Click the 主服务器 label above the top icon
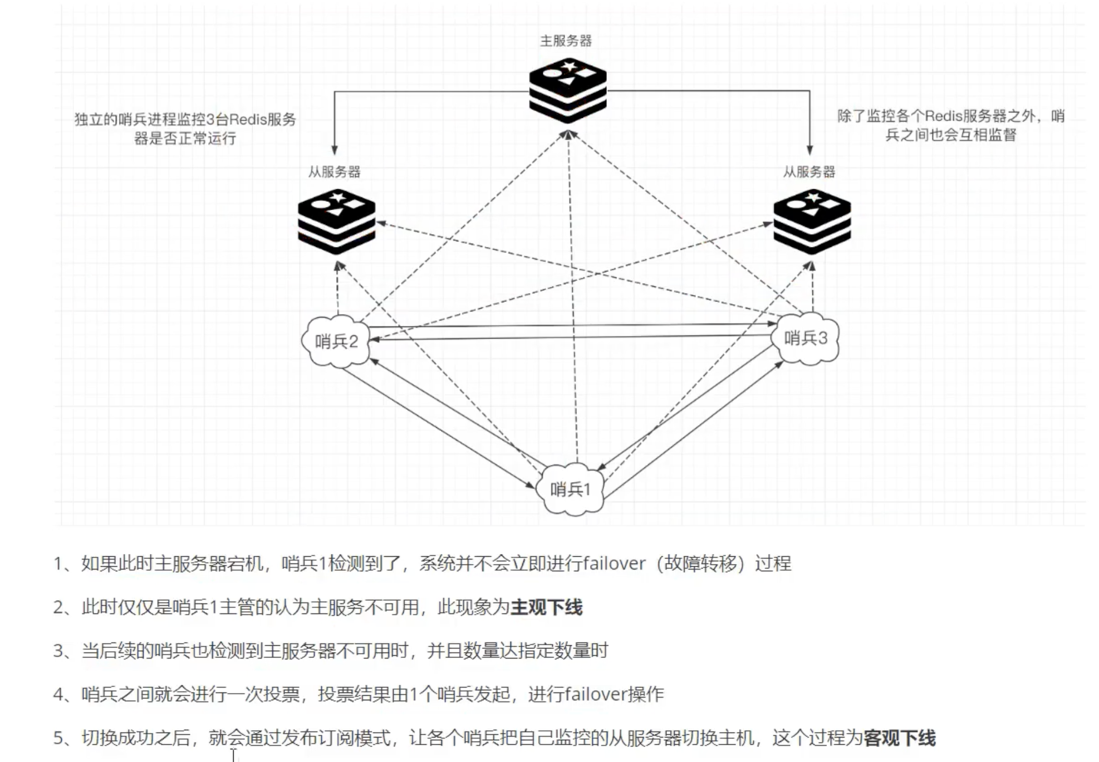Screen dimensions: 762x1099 566,41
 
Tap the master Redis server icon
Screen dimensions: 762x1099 567,90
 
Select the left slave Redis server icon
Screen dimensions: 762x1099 336,221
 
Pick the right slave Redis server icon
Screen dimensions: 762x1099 812,221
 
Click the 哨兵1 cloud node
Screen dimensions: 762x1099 570,489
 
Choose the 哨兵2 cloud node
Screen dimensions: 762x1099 336,340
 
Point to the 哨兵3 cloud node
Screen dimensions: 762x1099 806,338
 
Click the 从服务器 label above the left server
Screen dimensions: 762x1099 334,171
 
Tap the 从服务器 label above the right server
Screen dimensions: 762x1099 809,171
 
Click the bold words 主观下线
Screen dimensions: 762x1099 546,607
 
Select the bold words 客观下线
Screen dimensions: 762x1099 899,738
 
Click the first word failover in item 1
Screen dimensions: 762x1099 614,563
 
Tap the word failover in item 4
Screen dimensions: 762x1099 596,694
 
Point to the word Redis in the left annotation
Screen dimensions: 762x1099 247,120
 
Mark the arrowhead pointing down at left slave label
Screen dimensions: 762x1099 334,150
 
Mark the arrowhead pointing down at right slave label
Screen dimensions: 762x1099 809,150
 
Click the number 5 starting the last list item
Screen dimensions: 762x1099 58,738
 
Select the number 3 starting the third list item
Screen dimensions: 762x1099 58,651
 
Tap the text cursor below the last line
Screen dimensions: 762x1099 234,755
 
